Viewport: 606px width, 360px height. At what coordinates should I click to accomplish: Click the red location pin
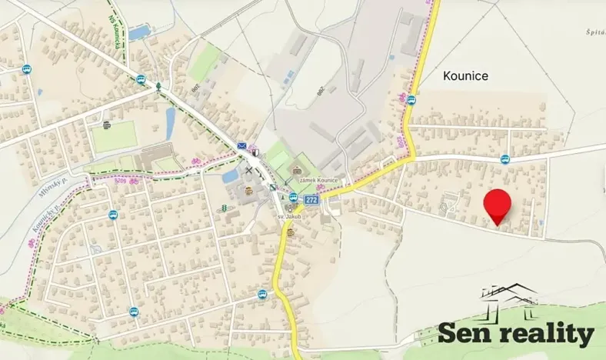pyautogui.click(x=498, y=204)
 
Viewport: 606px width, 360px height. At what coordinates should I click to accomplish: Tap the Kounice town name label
pyautogui.click(x=466, y=76)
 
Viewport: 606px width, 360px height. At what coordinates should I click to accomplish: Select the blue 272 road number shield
pyautogui.click(x=311, y=199)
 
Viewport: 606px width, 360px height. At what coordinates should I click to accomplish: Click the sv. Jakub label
pyautogui.click(x=288, y=218)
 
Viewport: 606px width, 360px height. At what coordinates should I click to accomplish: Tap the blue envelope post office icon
pyautogui.click(x=242, y=146)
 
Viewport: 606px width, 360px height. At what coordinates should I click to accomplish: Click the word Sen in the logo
pyautogui.click(x=465, y=333)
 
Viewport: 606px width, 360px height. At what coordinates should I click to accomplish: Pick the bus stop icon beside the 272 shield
pyautogui.click(x=293, y=196)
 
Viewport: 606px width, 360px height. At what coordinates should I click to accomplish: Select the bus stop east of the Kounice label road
pyautogui.click(x=504, y=159)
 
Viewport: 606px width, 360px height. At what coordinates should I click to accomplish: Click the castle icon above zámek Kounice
pyautogui.click(x=298, y=171)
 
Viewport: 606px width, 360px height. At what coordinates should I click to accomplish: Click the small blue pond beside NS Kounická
pyautogui.click(x=139, y=32)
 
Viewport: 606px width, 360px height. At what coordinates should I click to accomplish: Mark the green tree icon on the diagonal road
pyautogui.click(x=158, y=86)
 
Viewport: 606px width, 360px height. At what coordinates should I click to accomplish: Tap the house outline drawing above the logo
pyautogui.click(x=508, y=296)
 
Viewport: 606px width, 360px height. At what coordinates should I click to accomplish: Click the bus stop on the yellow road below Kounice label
pyautogui.click(x=411, y=99)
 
